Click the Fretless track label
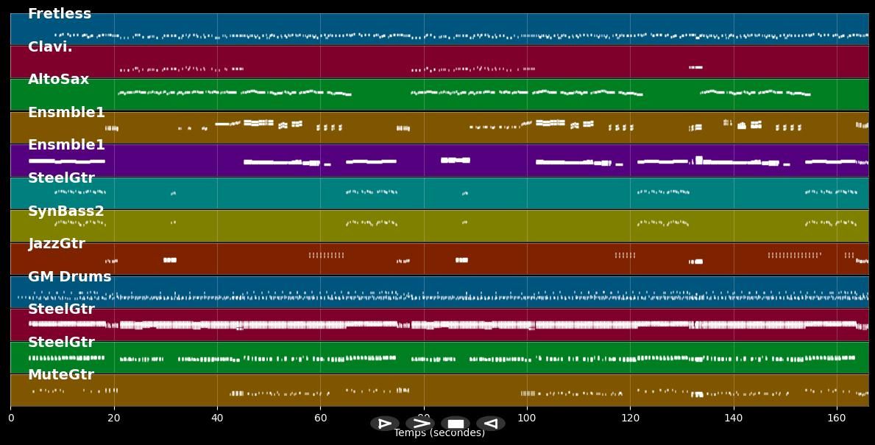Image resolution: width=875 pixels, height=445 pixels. pos(60,14)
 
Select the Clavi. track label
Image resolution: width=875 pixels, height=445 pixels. pos(50,47)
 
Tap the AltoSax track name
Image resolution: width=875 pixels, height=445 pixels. pos(58,80)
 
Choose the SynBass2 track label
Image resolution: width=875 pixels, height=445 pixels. pos(66,211)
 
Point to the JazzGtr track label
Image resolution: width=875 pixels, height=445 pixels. pos(57,244)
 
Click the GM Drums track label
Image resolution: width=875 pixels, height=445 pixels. pos(69,277)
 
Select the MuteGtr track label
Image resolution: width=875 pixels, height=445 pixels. pos(61,375)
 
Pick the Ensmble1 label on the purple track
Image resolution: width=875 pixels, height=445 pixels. pos(66,145)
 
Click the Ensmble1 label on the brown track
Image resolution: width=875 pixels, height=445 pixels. pos(66,113)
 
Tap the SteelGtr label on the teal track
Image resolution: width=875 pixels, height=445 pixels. pos(61,178)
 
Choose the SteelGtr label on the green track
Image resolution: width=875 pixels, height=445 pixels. pos(61,343)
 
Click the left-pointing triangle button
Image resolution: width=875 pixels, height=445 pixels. pos(490,424)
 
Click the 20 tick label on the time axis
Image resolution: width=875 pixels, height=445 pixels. pos(113,418)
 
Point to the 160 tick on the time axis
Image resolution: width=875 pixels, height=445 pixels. pos(837,418)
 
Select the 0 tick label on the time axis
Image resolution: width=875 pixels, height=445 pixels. pos(10,418)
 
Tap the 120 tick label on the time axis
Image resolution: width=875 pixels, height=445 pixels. pos(630,418)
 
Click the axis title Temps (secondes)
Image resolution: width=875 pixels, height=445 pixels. pos(439,433)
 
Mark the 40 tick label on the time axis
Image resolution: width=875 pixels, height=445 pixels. pos(217,418)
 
